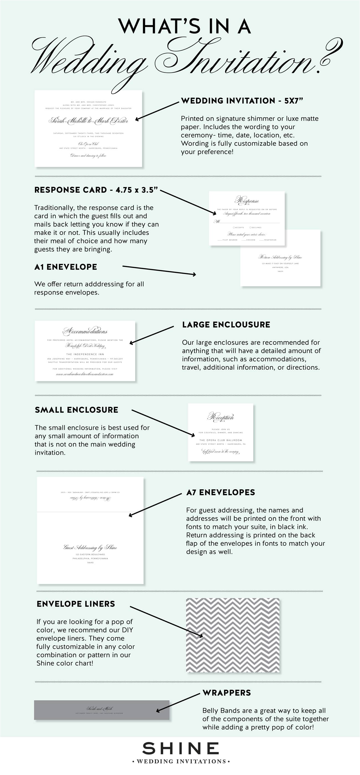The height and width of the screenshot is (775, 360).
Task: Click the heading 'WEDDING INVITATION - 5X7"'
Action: pyautogui.click(x=242, y=101)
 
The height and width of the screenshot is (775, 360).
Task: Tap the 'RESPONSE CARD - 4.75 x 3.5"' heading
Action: pyautogui.click(x=96, y=190)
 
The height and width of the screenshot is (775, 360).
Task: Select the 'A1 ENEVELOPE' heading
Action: pyautogui.click(x=66, y=267)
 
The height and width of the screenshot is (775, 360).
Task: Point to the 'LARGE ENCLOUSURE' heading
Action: pyautogui.click(x=226, y=325)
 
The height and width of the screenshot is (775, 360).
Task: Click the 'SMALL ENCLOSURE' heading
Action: pyautogui.click(x=76, y=410)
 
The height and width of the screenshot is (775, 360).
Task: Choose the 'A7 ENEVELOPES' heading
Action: pyautogui.click(x=221, y=492)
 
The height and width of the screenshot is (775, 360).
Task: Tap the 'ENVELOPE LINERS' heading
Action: pyautogui.click(x=76, y=604)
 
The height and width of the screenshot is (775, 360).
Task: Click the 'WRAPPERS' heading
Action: pyautogui.click(x=227, y=693)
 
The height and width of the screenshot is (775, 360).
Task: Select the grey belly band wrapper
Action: pyautogui.click(x=101, y=710)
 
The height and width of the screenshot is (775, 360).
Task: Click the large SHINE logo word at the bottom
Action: pyautogui.click(x=181, y=749)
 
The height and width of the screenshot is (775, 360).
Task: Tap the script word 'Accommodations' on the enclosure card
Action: pyautogui.click(x=85, y=331)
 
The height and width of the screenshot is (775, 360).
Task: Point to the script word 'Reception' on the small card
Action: pyautogui.click(x=221, y=417)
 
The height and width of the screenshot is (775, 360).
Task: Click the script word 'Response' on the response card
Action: pyautogui.click(x=247, y=200)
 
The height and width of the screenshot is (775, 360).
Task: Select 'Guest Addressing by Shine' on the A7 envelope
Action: pyautogui.click(x=90, y=547)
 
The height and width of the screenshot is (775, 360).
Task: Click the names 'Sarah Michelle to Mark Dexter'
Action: pyautogui.click(x=88, y=121)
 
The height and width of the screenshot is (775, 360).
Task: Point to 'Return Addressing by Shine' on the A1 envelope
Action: pyautogui.click(x=280, y=257)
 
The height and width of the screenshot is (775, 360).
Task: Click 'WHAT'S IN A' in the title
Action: pyautogui.click(x=184, y=27)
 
